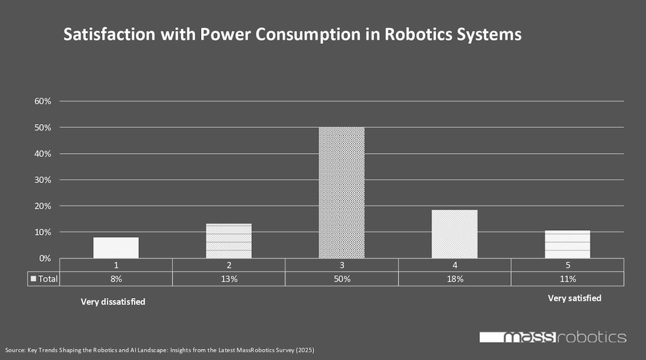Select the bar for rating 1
coord(116,248)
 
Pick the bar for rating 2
coord(229,241)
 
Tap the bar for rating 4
coord(454,234)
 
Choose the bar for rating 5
coord(567,244)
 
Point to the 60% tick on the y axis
coord(43,101)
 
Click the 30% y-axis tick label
coord(43,180)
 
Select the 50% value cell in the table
coord(342,279)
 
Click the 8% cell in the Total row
coord(116,279)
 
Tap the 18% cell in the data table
coord(454,279)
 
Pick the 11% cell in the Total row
coord(567,279)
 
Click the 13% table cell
coord(229,279)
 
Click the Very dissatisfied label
coord(112,302)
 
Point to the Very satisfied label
coord(574,298)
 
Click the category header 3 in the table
coord(342,265)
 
